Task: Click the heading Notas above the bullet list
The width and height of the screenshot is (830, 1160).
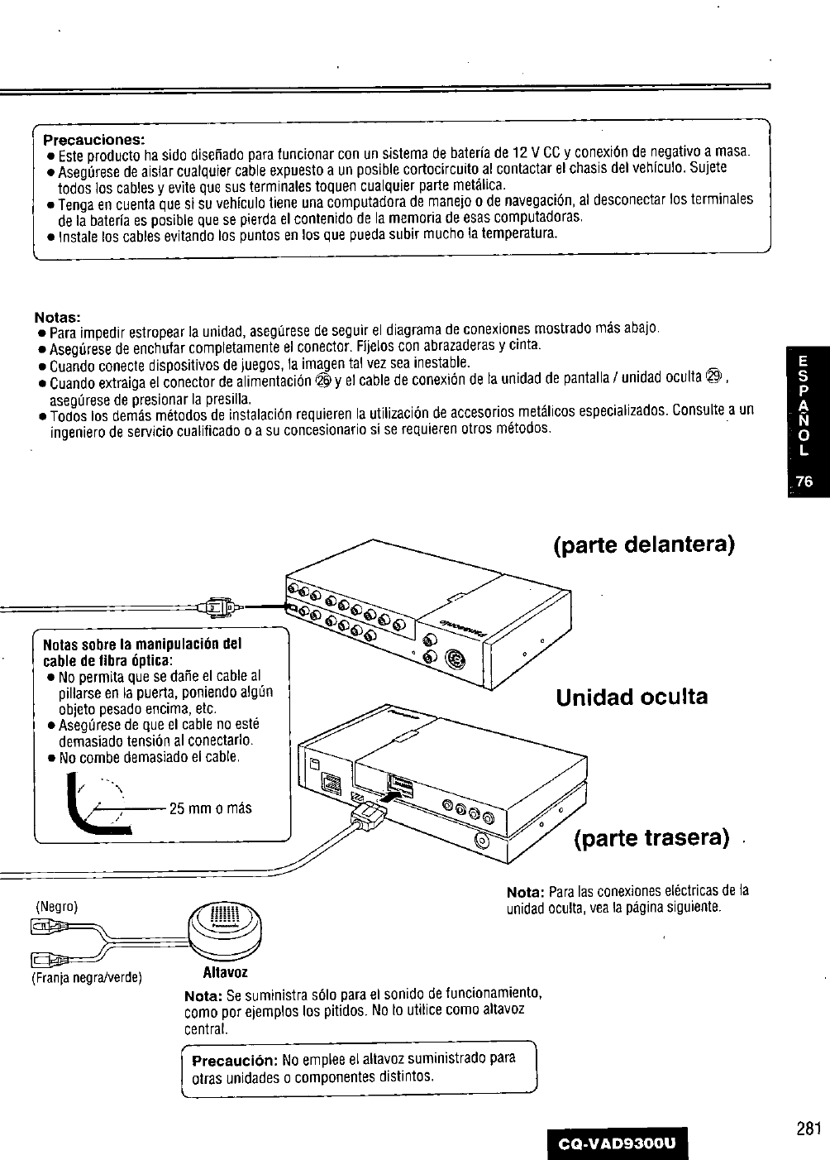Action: pos(57,317)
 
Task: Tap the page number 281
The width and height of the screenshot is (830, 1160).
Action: pos(809,1129)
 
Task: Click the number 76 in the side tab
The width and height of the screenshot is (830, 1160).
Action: pos(805,484)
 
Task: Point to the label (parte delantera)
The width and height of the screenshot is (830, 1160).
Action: pos(644,547)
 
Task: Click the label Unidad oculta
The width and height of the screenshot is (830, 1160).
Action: pos(632,697)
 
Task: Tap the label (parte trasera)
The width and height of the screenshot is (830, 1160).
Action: pos(651,838)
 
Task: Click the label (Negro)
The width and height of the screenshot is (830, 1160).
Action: pos(56,907)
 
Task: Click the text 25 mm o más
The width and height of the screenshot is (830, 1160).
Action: pos(210,808)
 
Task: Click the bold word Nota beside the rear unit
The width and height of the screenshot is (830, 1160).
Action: pos(524,892)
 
